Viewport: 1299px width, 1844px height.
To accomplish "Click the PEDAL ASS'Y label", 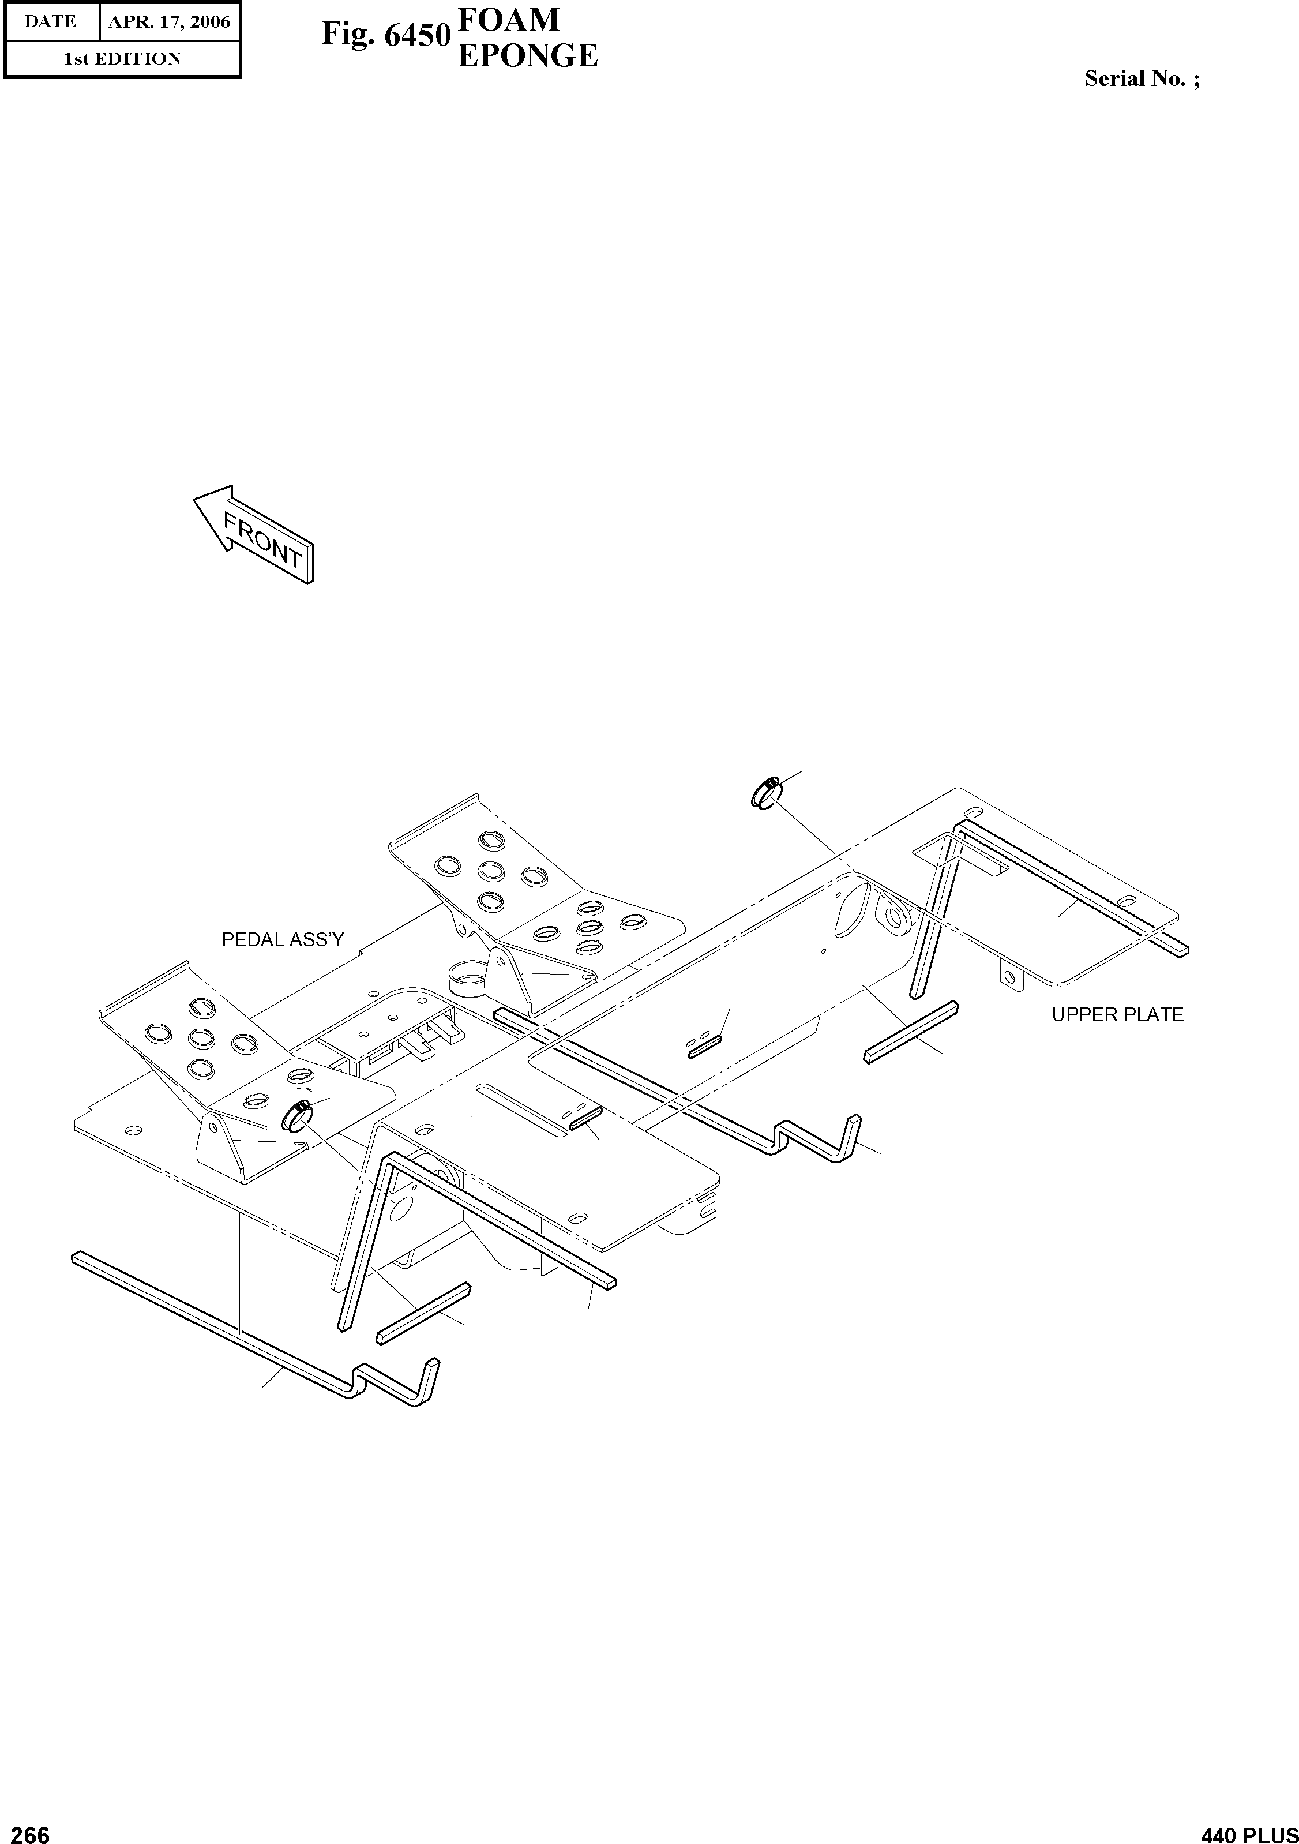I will coord(283,940).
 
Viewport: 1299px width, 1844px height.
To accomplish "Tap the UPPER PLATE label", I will coord(1117,1015).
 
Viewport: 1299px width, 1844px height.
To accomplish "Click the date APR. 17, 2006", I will coord(170,22).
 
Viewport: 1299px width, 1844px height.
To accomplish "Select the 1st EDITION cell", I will coord(122,59).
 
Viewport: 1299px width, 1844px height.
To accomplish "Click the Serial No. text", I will coord(1142,78).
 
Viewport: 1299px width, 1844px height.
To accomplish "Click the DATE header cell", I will coord(51,22).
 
